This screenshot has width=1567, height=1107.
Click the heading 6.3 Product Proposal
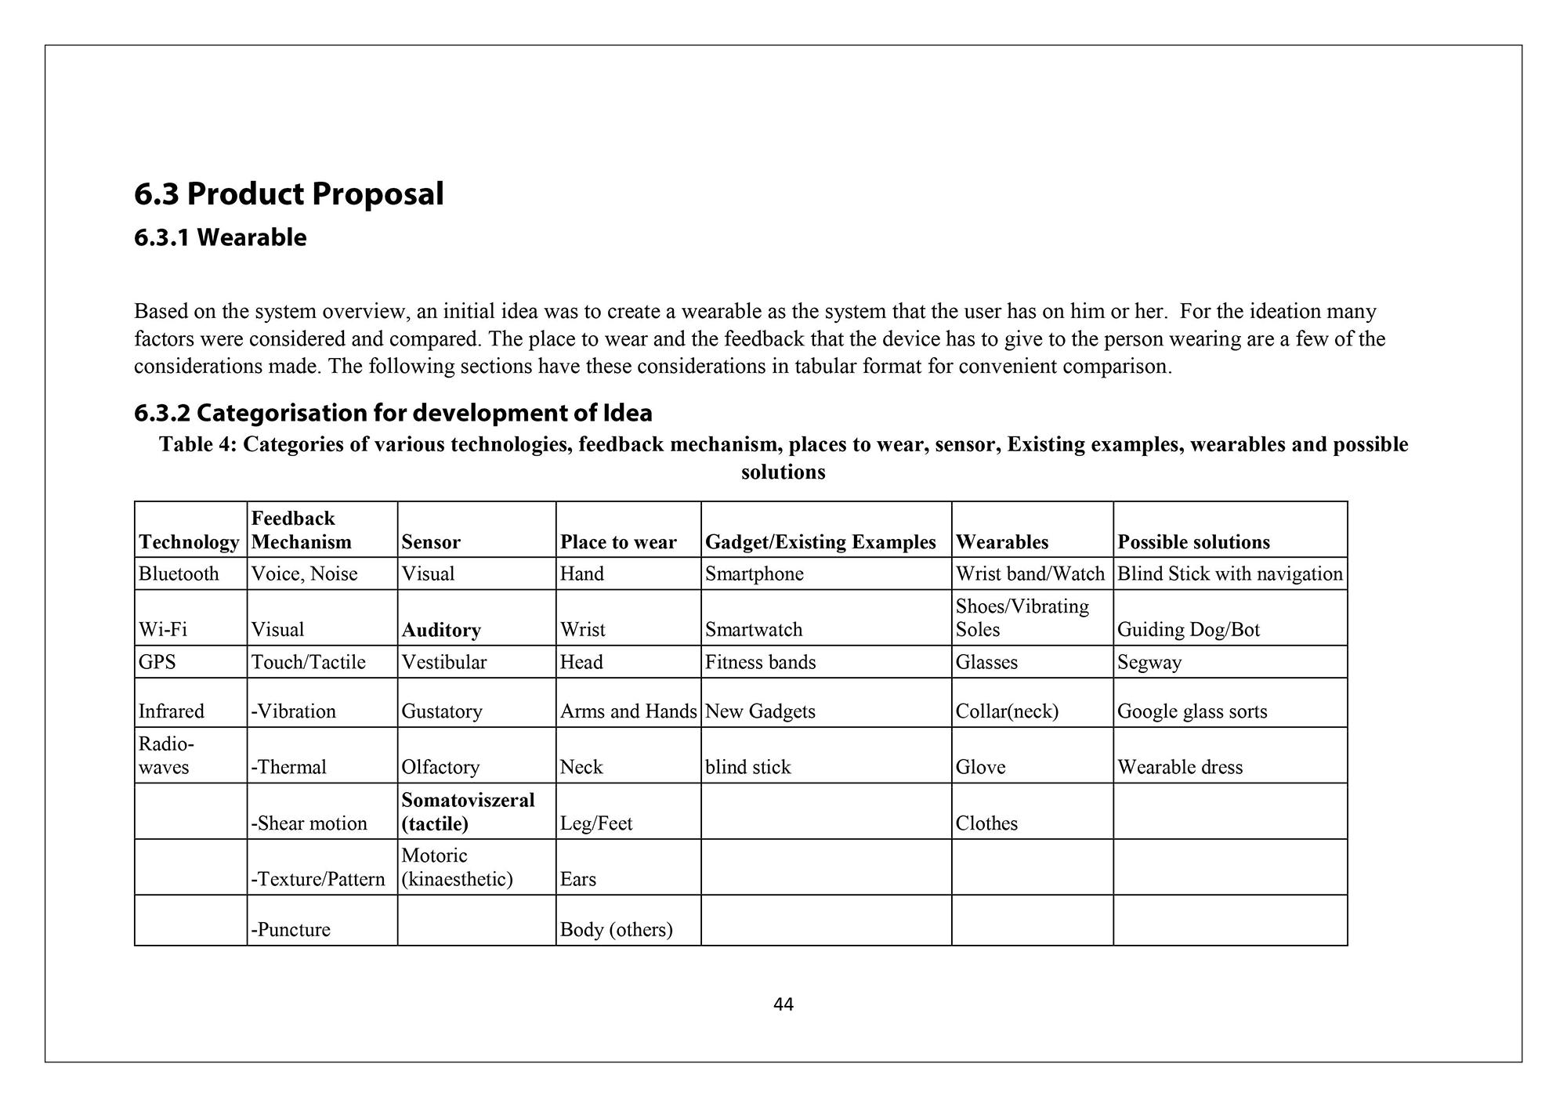pos(288,194)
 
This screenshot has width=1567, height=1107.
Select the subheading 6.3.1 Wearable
pos(220,237)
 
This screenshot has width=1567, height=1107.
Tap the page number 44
pos(783,1004)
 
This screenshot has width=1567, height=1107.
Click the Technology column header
pos(189,542)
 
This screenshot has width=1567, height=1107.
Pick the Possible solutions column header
pos(1193,542)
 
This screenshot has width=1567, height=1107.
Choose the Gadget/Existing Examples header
pos(820,542)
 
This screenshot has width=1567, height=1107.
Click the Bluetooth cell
pos(179,574)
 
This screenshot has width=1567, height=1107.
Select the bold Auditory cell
pos(441,630)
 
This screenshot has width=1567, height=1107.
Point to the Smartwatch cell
pos(754,630)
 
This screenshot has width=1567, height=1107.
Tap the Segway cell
pos(1149,663)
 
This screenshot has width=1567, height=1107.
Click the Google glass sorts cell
pos(1192,711)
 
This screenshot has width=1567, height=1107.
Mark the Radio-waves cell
pos(165,755)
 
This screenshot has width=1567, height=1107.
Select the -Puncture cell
pos(291,930)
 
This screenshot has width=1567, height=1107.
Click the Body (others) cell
pos(616,930)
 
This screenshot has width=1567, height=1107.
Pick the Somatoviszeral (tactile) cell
pos(468,812)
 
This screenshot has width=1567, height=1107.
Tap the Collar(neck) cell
pos(1007,711)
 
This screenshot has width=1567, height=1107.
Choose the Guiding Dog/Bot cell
pos(1188,630)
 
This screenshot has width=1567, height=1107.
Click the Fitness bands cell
pos(760,663)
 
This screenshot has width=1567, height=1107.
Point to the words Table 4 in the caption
pos(197,445)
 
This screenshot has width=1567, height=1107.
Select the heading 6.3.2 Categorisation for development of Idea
pos(393,413)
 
